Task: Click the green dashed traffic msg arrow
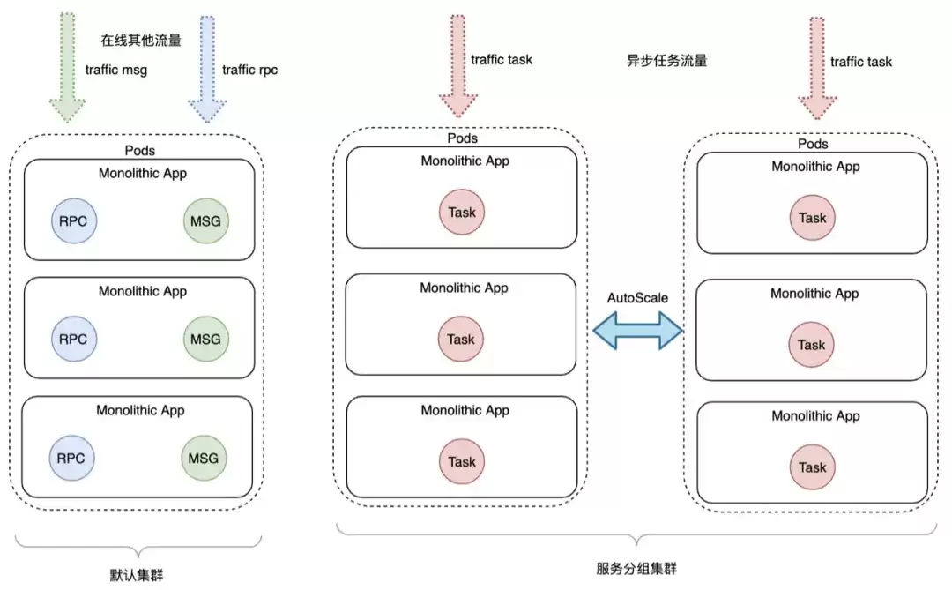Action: pos(67,67)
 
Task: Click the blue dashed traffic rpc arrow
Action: pos(207,68)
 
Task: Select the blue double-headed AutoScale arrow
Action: pos(637,331)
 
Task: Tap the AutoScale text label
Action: pos(637,298)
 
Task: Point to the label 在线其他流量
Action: pos(141,40)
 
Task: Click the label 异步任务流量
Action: pos(666,60)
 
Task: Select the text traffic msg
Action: pos(116,70)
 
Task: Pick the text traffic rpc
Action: pos(250,70)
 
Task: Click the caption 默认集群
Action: pos(137,575)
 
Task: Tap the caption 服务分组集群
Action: pos(636,568)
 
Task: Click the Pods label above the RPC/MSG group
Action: pos(139,150)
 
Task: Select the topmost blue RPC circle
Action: pos(73,221)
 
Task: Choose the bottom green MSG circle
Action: pos(204,458)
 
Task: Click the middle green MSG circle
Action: pos(205,339)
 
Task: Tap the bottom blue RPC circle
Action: pos(71,458)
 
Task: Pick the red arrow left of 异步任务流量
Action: pos(458,65)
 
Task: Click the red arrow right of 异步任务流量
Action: pos(817,68)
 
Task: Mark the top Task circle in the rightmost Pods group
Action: pos(813,218)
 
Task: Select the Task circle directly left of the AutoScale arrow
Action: pos(461,339)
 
